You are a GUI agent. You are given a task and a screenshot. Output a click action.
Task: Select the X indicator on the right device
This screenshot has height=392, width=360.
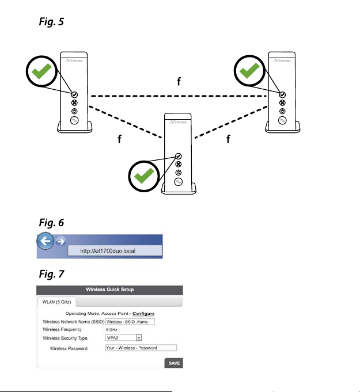pos(282,103)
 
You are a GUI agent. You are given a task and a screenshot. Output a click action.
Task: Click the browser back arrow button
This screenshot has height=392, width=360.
pos(46,242)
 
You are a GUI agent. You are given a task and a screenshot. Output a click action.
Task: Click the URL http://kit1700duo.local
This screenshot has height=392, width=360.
pos(115,252)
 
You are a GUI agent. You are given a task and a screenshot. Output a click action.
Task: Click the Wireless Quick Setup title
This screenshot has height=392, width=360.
pos(109,290)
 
